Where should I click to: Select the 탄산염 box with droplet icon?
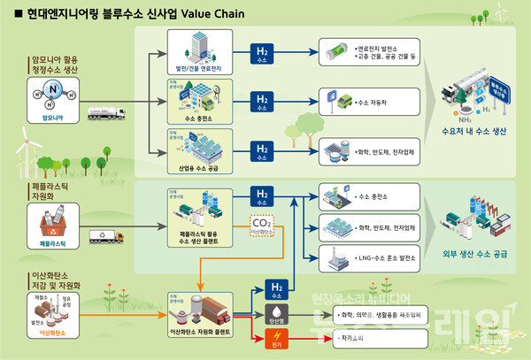click(x=276, y=313)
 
